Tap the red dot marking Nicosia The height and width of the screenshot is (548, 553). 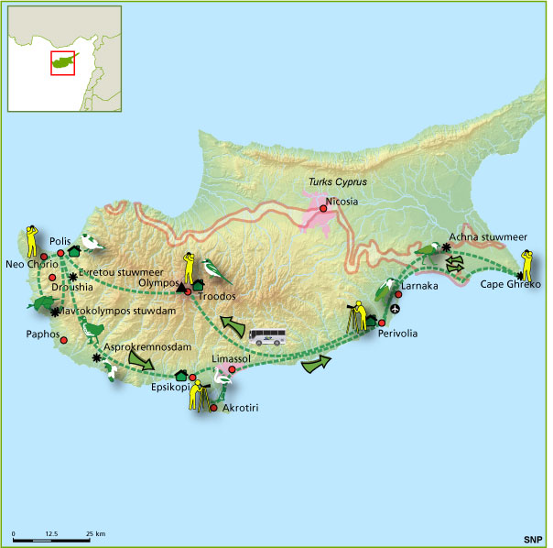coord(321,207)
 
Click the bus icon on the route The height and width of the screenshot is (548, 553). coord(266,337)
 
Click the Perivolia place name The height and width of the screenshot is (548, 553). coord(397,334)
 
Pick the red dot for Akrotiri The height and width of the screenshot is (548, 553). coord(213,408)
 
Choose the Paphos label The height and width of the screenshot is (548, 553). coord(43,334)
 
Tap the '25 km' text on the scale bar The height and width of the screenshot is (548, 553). coord(94,533)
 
